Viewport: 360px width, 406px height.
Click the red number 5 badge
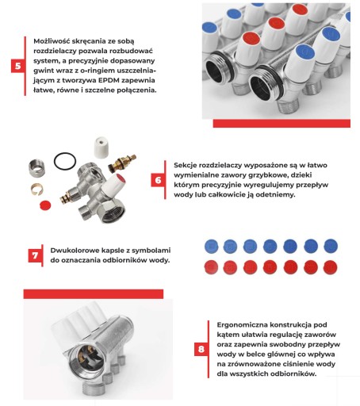point(18,66)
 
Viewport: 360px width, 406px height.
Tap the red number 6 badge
point(158,180)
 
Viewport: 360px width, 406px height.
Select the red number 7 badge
point(35,255)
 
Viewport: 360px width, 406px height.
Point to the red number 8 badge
point(201,349)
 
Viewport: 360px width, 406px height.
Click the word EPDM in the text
point(109,80)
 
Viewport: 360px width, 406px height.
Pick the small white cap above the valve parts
point(101,147)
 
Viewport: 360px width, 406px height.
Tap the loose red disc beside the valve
point(45,205)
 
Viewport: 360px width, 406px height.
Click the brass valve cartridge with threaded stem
point(122,163)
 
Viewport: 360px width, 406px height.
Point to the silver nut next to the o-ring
point(36,168)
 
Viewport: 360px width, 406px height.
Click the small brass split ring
point(37,190)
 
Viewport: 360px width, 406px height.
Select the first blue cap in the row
point(212,246)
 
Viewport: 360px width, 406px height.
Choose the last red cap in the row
point(331,267)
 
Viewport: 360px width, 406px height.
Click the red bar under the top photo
point(281,124)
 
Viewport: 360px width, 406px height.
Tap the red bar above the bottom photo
point(94,294)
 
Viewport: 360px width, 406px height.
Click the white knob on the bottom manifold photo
point(79,327)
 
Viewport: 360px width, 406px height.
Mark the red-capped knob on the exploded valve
point(114,183)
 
